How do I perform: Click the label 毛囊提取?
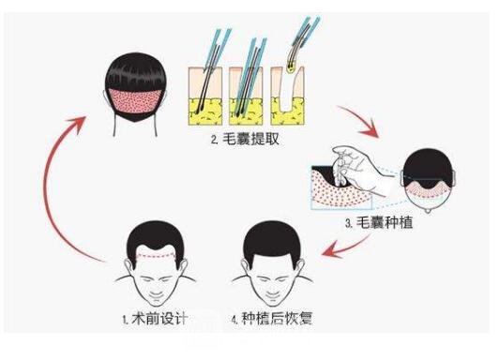(x=250, y=140)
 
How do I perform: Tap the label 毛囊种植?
(x=385, y=222)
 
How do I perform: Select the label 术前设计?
(x=159, y=319)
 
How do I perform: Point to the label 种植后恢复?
(x=277, y=319)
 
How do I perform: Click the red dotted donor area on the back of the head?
(x=135, y=101)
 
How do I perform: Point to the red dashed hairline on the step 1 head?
(x=156, y=255)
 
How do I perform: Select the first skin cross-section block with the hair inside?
(x=204, y=96)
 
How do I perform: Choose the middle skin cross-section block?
(x=246, y=96)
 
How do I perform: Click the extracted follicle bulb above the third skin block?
(x=290, y=67)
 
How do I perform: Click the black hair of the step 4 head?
(x=272, y=240)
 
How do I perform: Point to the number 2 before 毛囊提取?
(x=214, y=141)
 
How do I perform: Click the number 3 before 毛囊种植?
(x=349, y=223)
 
